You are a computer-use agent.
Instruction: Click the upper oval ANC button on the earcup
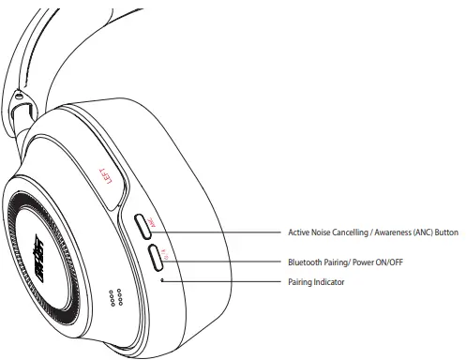143,225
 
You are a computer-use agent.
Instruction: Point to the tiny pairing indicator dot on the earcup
164,278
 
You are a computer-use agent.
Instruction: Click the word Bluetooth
307,262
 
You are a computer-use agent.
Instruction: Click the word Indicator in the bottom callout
332,282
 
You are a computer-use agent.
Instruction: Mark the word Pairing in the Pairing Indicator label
301,282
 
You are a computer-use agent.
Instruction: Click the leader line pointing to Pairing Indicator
225,281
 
